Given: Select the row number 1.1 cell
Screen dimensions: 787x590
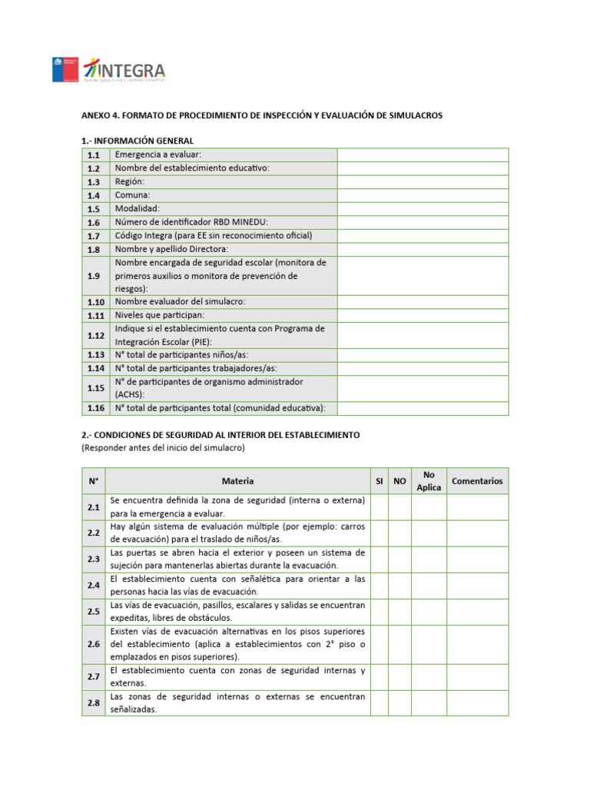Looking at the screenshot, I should click(x=94, y=155).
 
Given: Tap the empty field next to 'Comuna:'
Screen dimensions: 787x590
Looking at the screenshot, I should click(x=423, y=195).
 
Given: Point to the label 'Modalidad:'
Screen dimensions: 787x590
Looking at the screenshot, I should click(x=138, y=208).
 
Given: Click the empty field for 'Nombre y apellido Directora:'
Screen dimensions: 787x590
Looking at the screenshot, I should click(x=423, y=249).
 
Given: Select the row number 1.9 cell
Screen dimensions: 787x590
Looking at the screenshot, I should click(x=94, y=276).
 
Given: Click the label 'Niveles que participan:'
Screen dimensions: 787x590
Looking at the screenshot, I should click(x=160, y=315).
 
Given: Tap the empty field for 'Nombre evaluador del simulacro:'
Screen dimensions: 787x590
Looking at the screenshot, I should click(x=423, y=302).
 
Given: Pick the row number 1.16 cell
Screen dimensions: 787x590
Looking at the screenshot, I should click(x=94, y=408).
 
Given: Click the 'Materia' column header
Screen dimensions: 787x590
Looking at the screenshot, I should click(x=237, y=481).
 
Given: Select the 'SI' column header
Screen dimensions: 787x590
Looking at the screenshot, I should click(x=379, y=481).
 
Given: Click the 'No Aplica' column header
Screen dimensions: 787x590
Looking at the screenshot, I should click(x=428, y=481).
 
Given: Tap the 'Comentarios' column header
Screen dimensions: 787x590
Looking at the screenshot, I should click(x=477, y=481).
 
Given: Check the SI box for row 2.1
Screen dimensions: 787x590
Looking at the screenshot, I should click(x=379, y=507).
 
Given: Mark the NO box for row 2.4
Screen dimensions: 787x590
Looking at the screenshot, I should click(x=399, y=585).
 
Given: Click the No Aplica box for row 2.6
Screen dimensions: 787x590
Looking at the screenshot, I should click(x=428, y=644).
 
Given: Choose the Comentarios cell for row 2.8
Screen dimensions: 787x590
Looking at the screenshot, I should click(x=477, y=702).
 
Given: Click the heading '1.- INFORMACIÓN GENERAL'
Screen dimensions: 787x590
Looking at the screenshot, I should click(x=138, y=141).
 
